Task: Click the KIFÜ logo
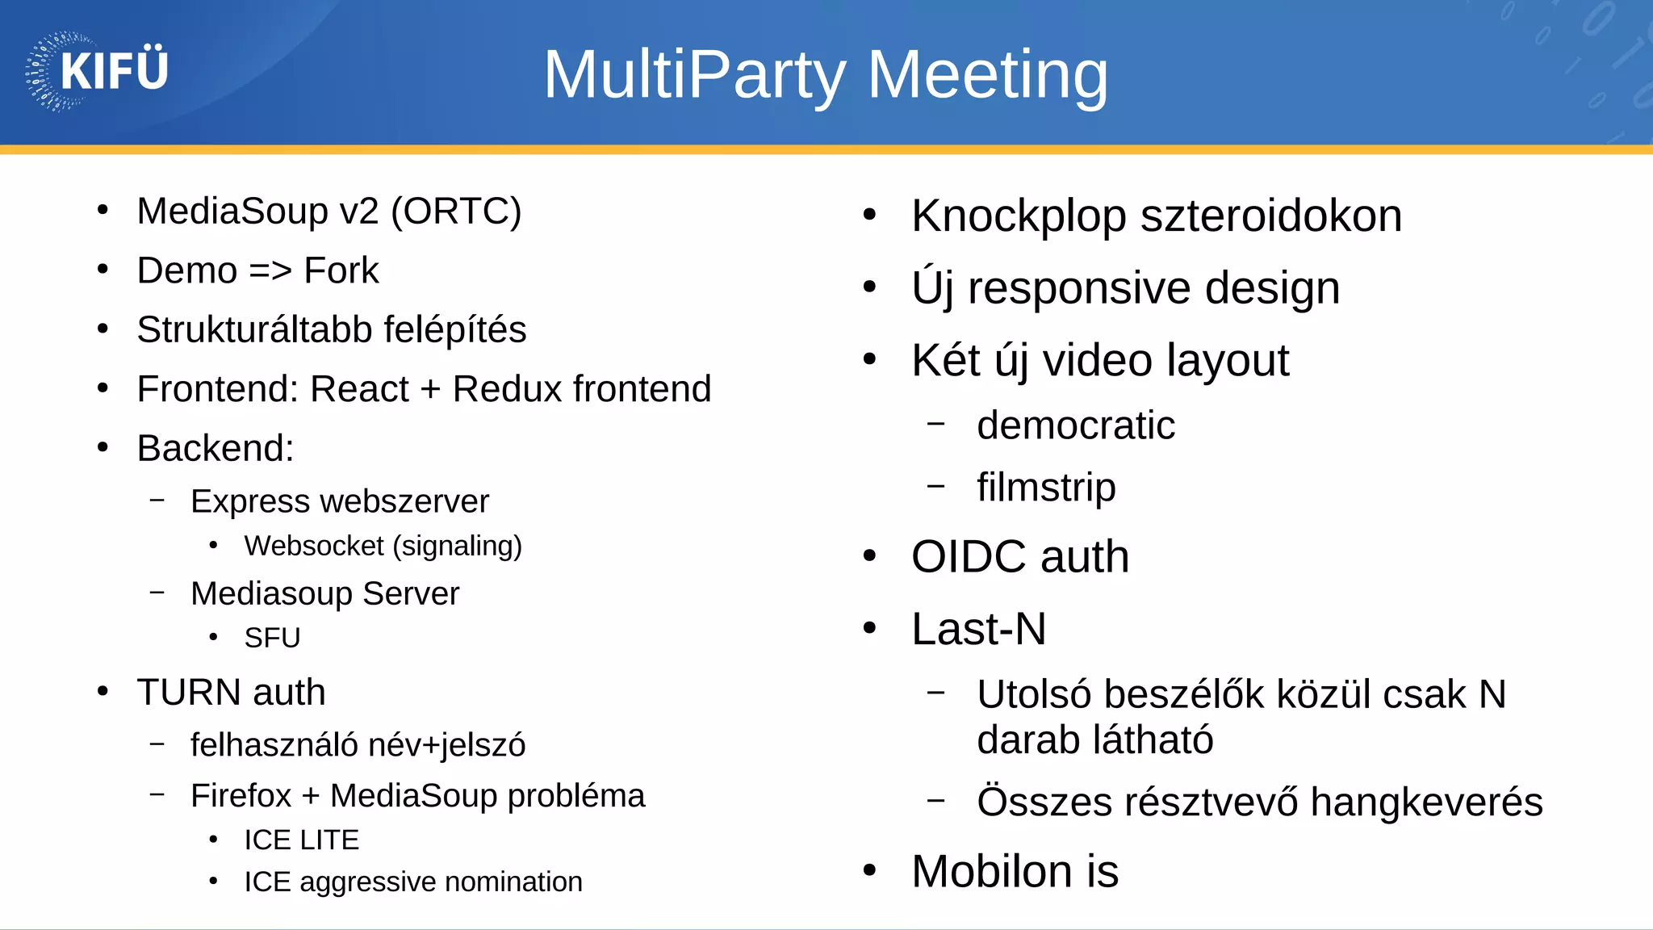click(x=97, y=71)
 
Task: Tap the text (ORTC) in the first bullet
click(x=456, y=212)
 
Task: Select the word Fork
click(x=341, y=270)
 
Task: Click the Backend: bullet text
click(x=216, y=448)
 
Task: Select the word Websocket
click(x=314, y=547)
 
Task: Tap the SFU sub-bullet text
click(x=272, y=639)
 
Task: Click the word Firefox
click(x=241, y=796)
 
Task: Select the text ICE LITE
click(x=301, y=840)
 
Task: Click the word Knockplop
click(x=1019, y=216)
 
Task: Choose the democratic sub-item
click(x=1075, y=426)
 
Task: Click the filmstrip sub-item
click(x=1046, y=488)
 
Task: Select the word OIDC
click(x=969, y=557)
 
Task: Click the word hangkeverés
click(x=1426, y=802)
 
